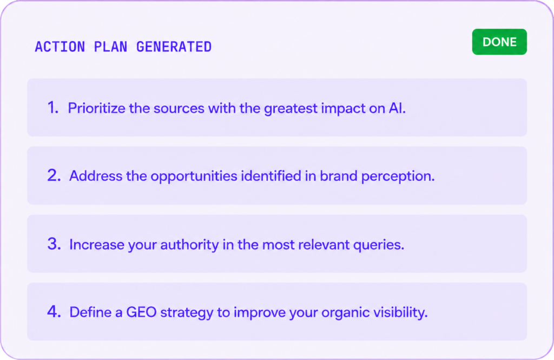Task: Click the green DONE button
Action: (x=499, y=42)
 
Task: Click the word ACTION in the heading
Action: (x=60, y=47)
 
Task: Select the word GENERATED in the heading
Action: (x=174, y=47)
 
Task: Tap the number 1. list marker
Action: (x=53, y=108)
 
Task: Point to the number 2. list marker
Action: (x=54, y=175)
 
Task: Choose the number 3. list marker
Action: (x=54, y=244)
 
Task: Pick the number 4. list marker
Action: (x=54, y=312)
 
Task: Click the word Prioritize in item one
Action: (x=96, y=108)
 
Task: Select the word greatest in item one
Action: (x=291, y=109)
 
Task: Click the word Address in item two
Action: (x=96, y=176)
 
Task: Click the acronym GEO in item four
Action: (x=141, y=312)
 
